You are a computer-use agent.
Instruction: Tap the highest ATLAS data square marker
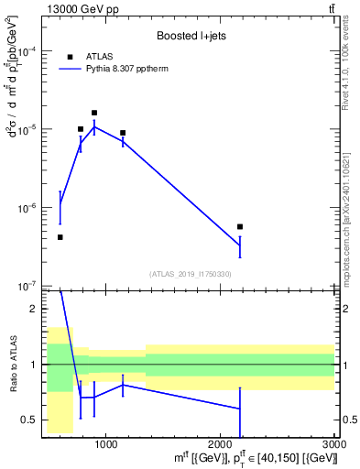point(94,113)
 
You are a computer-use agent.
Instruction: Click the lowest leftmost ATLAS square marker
point(60,237)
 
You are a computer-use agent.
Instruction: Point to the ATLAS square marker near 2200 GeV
point(240,226)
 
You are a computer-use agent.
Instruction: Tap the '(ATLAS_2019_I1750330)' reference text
point(190,274)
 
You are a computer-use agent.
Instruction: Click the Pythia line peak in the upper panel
point(94,127)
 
